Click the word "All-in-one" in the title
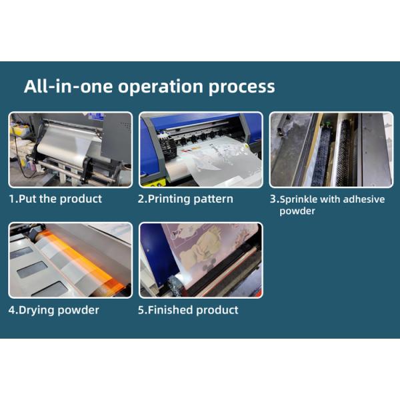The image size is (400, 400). point(68,86)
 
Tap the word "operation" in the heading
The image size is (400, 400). point(161,87)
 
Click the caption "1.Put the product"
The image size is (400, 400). point(55,199)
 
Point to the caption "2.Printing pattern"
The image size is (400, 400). point(185,199)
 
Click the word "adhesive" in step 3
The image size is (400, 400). point(363,199)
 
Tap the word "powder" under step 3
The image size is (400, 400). point(297,211)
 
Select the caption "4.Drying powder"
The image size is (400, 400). point(54,311)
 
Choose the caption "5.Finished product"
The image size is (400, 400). point(188,310)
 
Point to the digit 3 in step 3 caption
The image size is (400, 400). point(273,199)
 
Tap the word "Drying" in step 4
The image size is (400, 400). point(37,311)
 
